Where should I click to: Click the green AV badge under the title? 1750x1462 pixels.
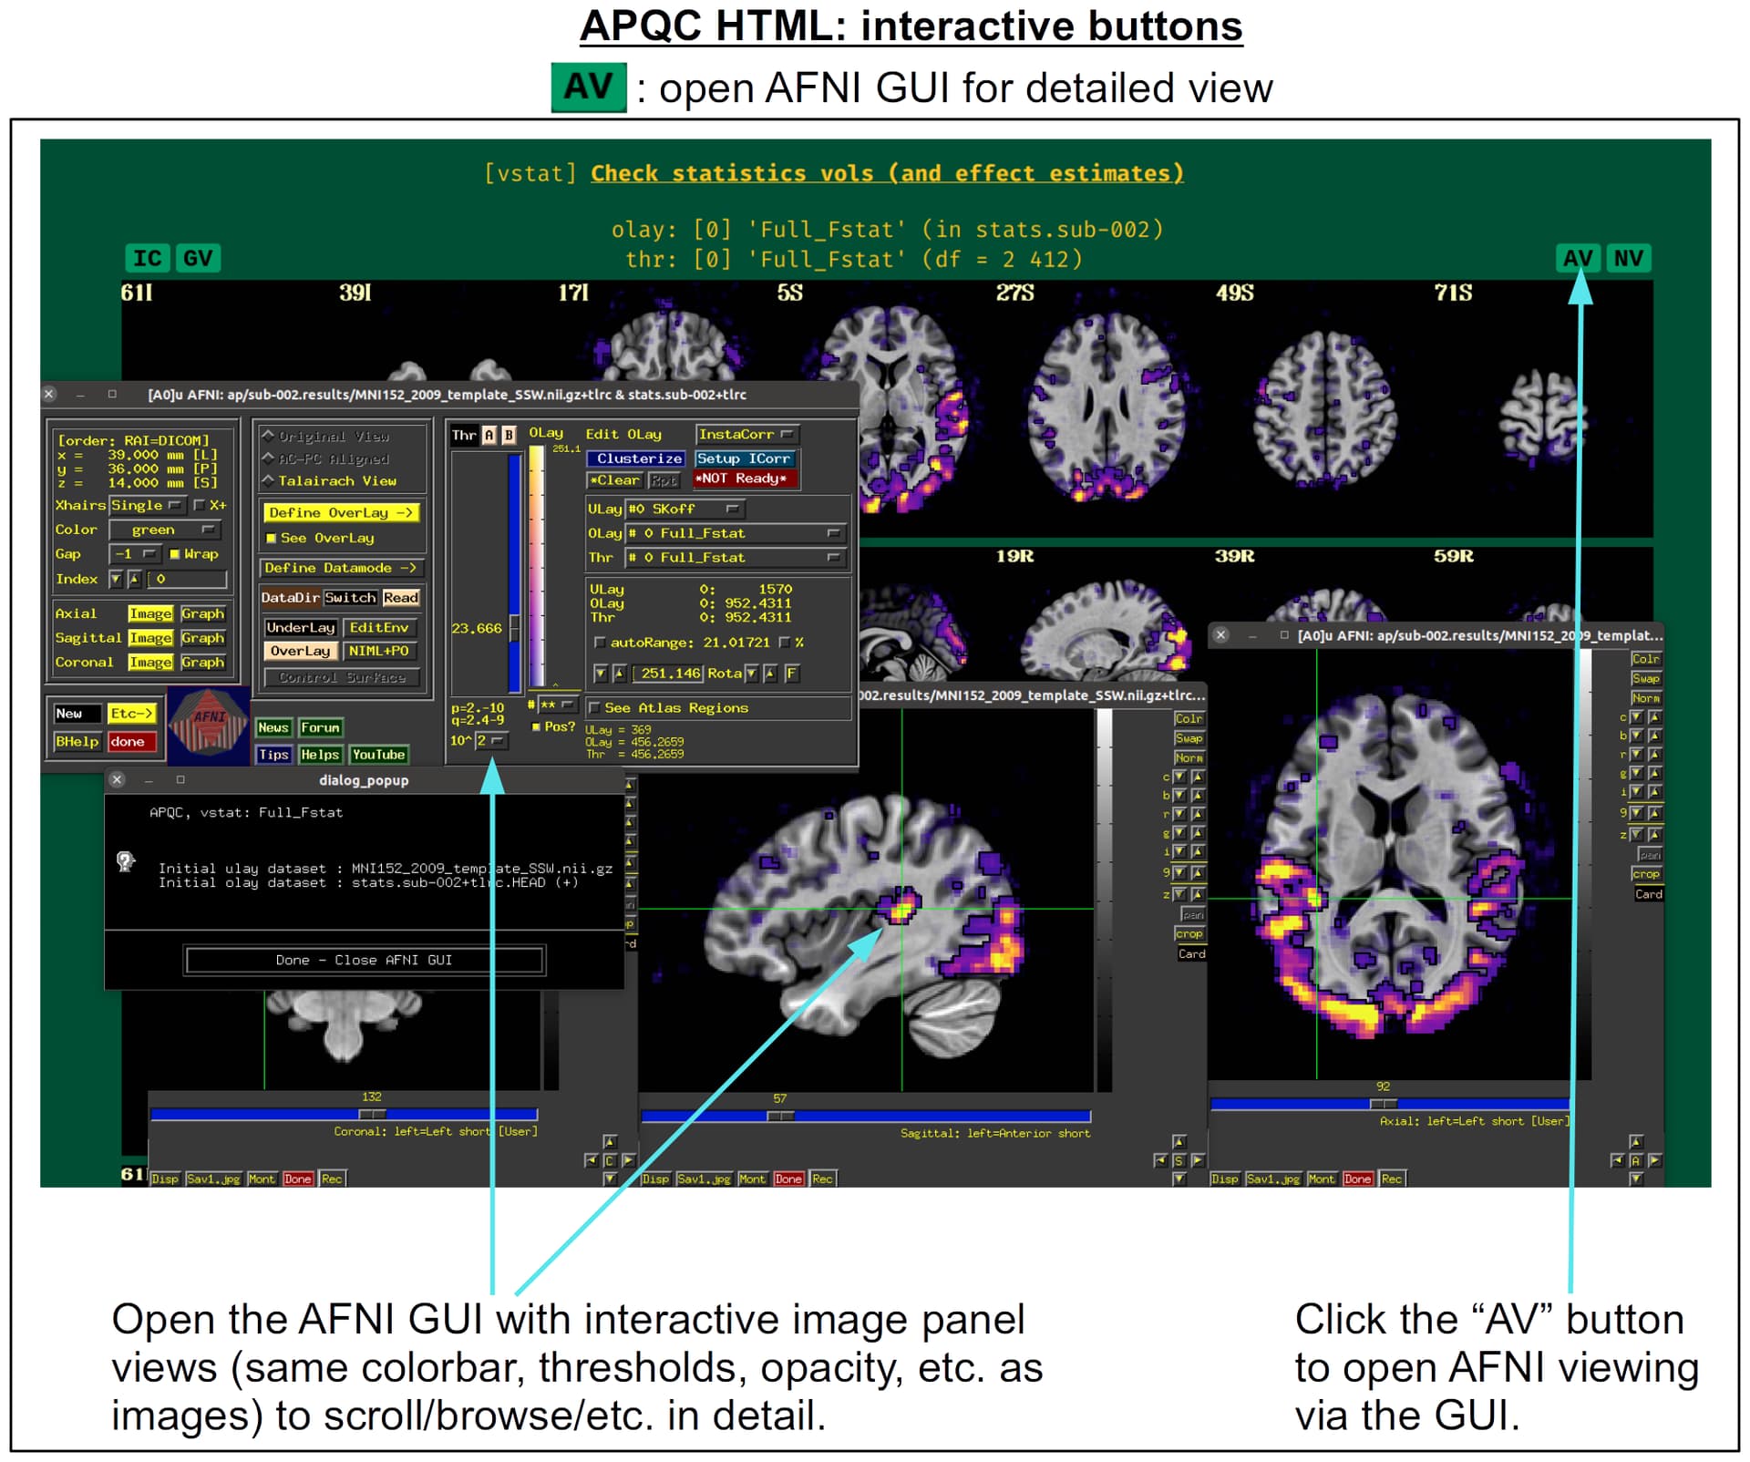tap(588, 88)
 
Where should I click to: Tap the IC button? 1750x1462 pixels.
tap(147, 259)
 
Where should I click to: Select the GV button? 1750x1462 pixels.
tap(197, 259)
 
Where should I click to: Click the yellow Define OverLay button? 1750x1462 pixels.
tap(341, 513)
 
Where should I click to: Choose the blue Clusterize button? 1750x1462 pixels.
tap(638, 458)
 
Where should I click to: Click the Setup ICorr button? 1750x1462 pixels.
tap(744, 458)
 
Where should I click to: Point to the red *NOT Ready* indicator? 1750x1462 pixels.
tap(745, 479)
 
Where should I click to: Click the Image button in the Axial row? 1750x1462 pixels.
tap(150, 613)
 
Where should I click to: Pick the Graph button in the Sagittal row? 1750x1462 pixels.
tap(202, 638)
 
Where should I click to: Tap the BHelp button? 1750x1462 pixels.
tap(77, 742)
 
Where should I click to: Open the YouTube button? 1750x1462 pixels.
tap(378, 755)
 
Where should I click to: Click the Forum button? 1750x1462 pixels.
tap(321, 727)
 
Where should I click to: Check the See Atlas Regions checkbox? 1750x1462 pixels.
tap(595, 708)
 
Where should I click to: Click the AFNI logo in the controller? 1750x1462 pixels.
tap(209, 725)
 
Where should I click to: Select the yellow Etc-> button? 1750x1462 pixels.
tap(131, 714)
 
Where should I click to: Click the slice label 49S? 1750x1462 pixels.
tap(1234, 293)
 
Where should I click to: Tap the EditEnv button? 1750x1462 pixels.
tap(379, 627)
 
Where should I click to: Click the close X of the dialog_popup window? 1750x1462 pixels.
tap(117, 779)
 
